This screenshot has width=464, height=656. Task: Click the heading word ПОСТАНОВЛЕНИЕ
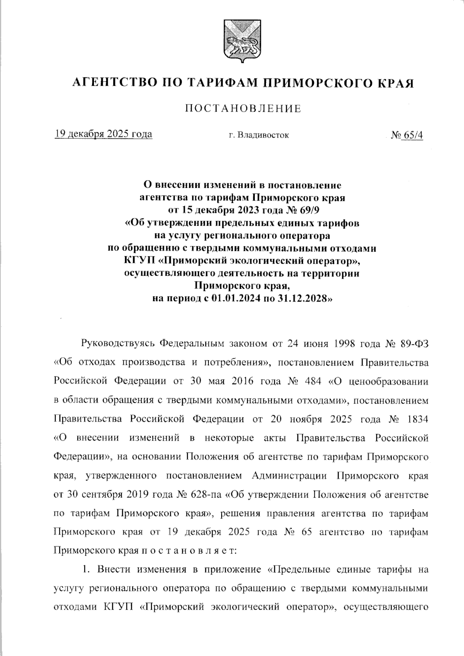242,109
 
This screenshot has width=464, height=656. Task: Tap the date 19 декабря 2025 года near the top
103,134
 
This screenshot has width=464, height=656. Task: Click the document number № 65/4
407,135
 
